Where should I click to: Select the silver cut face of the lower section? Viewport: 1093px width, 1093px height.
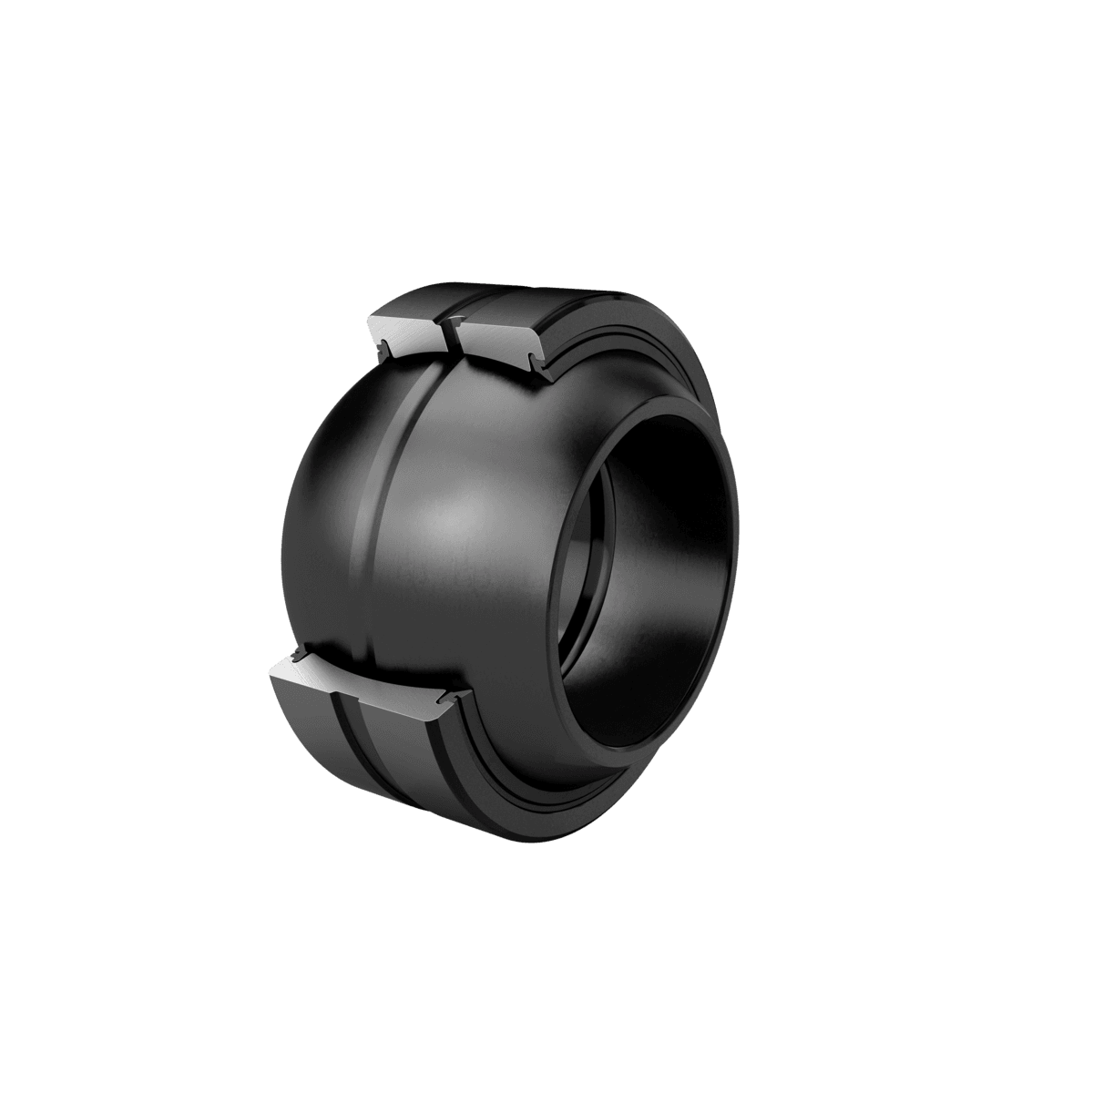point(364,684)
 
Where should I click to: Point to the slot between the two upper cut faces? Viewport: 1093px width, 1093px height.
point(449,333)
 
